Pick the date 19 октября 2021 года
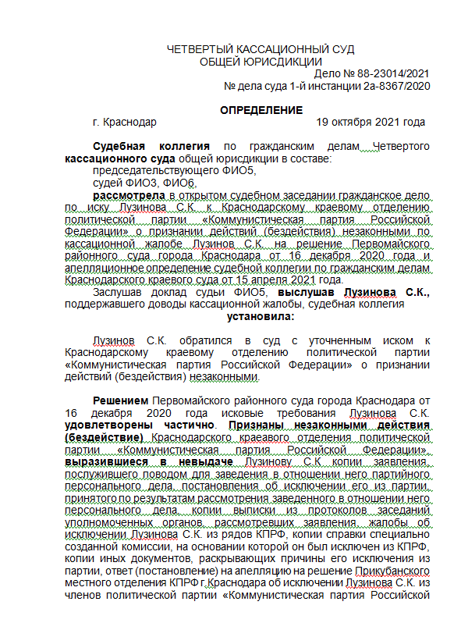pyautogui.click(x=371, y=123)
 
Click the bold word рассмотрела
pyautogui.click(x=129, y=194)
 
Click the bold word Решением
pyautogui.click(x=119, y=400)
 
